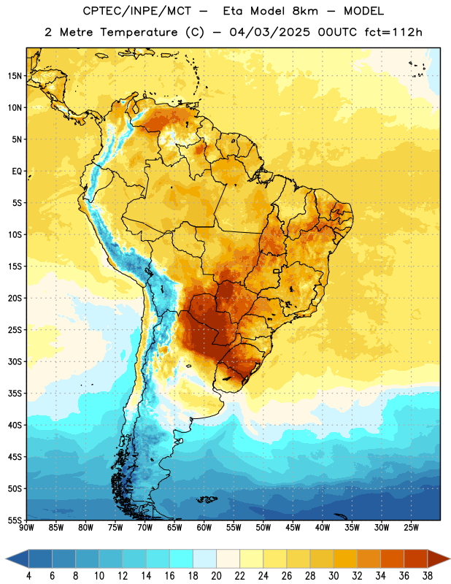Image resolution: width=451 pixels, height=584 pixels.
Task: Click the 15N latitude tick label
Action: pyautogui.click(x=15, y=76)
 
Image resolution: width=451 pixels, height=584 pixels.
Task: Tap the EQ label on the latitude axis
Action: pyautogui.click(x=17, y=172)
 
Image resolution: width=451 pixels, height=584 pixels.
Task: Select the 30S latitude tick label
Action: pyautogui.click(x=15, y=361)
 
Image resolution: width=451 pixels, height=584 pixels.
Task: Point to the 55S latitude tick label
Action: pyautogui.click(x=15, y=520)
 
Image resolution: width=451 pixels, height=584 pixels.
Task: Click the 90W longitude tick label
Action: pyautogui.click(x=26, y=528)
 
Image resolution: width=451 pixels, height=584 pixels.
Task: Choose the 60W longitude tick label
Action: pyautogui.click(x=204, y=528)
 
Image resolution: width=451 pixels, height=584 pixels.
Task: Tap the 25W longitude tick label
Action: pyautogui.click(x=411, y=528)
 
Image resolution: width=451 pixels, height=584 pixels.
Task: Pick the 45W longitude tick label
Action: pyautogui.click(x=293, y=528)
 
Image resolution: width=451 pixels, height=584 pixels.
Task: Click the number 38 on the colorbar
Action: pyautogui.click(x=428, y=576)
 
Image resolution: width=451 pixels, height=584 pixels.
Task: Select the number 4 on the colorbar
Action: pyautogui.click(x=28, y=576)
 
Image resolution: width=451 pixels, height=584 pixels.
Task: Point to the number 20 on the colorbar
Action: pyautogui.click(x=216, y=576)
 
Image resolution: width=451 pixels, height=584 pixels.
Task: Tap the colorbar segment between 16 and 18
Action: pyautogui.click(x=181, y=559)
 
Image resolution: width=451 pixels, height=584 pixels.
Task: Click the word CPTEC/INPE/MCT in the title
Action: pyautogui.click(x=136, y=11)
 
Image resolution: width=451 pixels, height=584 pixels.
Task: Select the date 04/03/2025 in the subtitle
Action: pyautogui.click(x=269, y=32)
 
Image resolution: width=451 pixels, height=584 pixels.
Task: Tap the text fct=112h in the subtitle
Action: pyautogui.click(x=393, y=32)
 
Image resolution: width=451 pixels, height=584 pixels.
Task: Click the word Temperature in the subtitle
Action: pyautogui.click(x=139, y=33)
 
